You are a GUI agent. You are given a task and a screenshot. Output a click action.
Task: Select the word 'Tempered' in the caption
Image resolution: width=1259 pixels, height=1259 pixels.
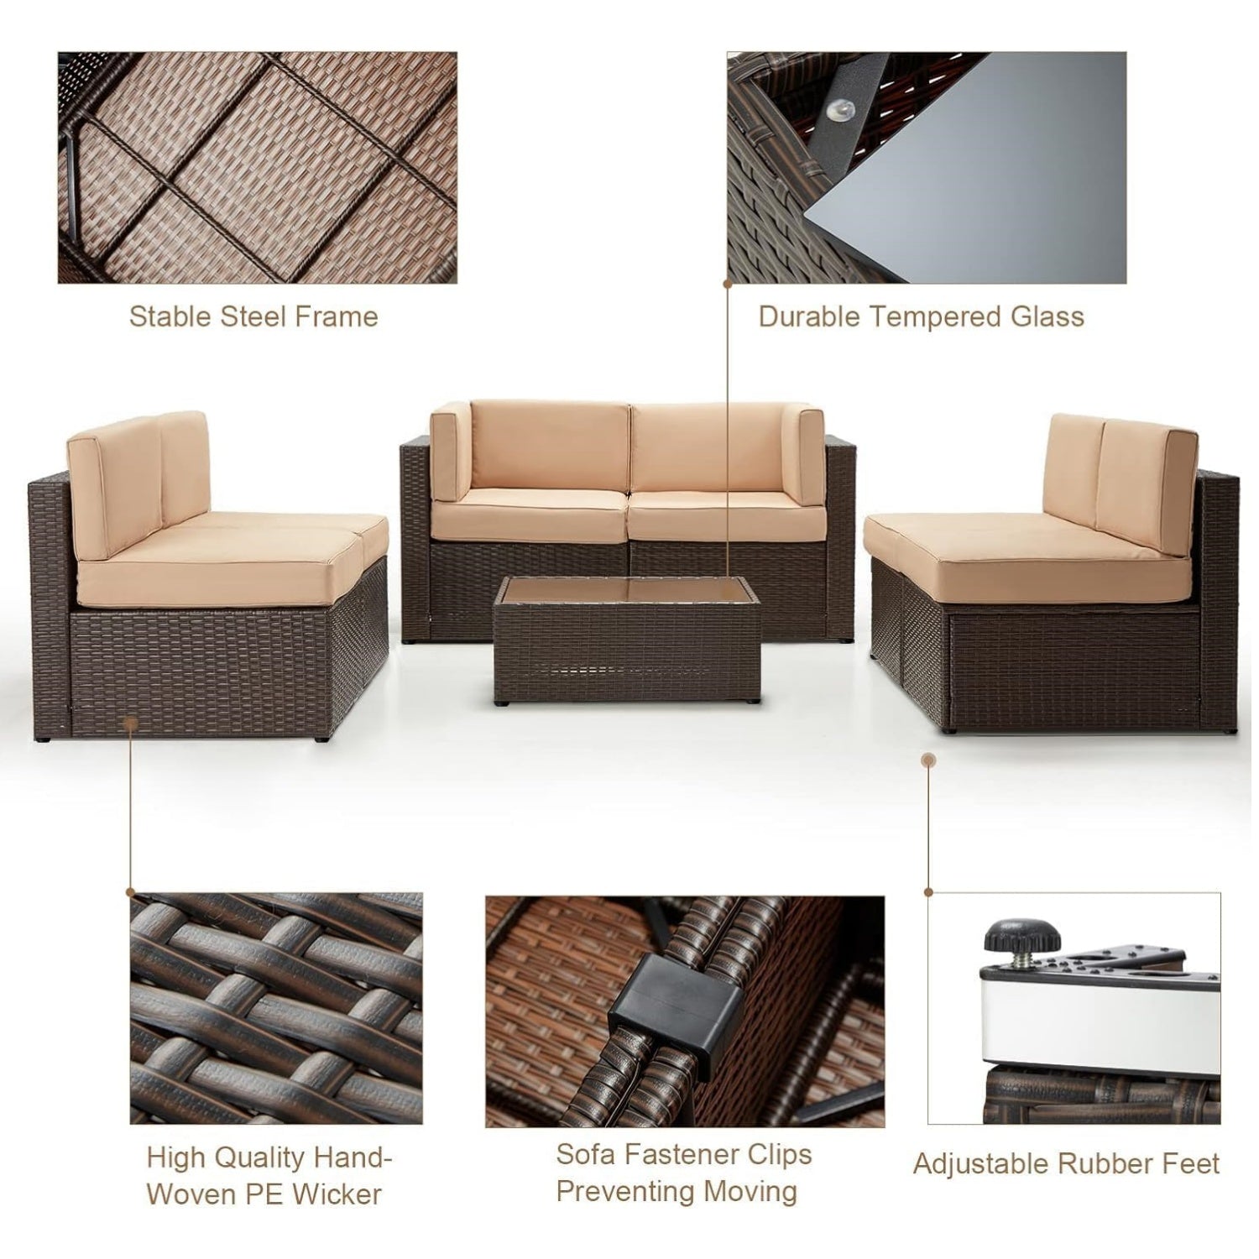pos(932,316)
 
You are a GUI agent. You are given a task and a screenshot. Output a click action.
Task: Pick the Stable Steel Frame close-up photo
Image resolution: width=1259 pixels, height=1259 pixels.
pos(257,167)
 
